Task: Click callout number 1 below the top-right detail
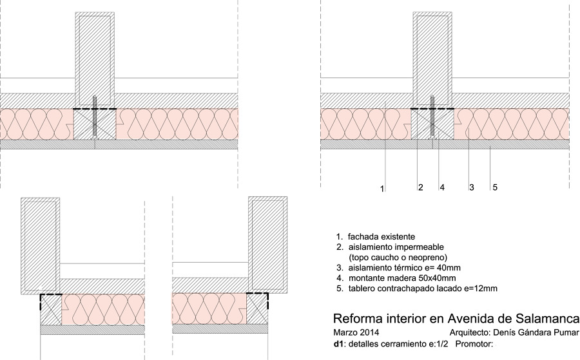(383, 189)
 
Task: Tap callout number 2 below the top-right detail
(420, 187)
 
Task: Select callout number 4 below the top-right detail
(442, 187)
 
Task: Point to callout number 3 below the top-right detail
(472, 187)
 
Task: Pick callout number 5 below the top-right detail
(495, 187)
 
